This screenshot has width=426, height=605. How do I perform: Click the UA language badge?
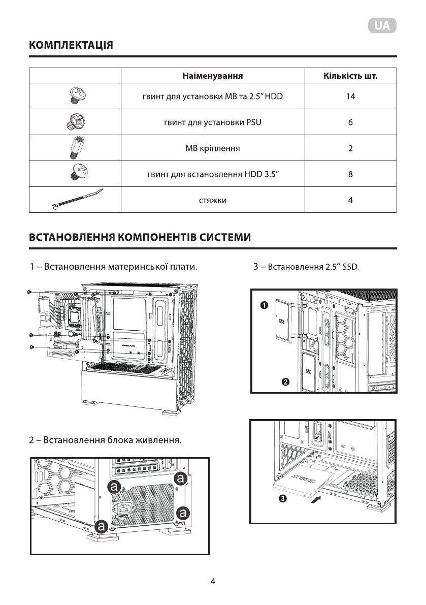point(382,26)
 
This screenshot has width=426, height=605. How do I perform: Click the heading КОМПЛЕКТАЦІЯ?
point(71,46)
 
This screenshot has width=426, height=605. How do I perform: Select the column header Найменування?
point(212,76)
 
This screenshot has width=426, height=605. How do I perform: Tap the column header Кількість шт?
point(350,76)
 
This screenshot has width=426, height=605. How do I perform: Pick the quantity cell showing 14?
point(350,97)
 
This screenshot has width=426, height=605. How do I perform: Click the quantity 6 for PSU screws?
point(350,122)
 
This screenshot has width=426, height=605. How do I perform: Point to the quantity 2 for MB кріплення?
point(350,149)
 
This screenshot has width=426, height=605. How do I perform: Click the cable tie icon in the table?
point(76,199)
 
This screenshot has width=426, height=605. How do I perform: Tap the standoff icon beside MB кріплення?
point(75,148)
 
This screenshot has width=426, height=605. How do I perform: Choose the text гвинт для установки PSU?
point(212,122)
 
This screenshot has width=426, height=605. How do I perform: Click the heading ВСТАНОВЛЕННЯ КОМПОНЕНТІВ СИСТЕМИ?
point(140,237)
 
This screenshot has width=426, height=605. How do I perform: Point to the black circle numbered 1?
point(264,305)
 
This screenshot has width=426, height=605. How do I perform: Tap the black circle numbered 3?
point(282,499)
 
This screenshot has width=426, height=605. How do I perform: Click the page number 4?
point(213,581)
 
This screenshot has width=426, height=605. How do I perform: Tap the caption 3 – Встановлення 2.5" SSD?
point(306,266)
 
